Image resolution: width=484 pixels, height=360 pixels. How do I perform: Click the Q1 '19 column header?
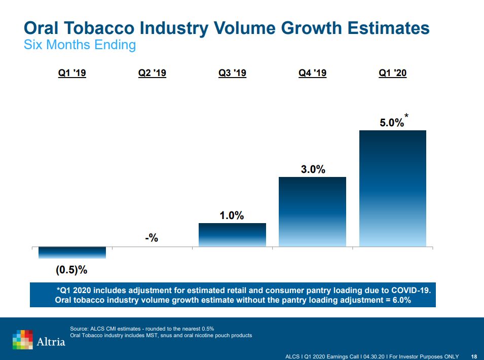click(72, 74)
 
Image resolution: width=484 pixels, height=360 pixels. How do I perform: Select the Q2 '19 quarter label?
click(152, 74)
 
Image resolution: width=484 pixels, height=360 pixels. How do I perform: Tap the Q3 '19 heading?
click(232, 74)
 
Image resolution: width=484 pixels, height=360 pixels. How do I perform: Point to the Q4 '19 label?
click(312, 74)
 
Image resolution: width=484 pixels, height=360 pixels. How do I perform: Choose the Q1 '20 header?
click(393, 74)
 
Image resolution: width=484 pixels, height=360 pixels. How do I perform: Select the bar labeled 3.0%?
click(312, 212)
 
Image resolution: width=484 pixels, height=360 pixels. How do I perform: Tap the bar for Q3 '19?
click(232, 235)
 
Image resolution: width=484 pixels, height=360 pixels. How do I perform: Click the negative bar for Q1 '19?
click(72, 253)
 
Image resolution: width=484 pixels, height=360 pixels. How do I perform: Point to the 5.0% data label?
click(392, 122)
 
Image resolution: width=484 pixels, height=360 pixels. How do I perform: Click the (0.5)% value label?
click(72, 270)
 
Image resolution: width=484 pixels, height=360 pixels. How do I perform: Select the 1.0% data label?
click(232, 215)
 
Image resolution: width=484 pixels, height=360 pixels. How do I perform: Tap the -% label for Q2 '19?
click(152, 237)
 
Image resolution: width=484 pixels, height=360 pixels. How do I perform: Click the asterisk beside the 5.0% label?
click(406, 117)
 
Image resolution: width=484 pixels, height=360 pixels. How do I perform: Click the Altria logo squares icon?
click(23, 339)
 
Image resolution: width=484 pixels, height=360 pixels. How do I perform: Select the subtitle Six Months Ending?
click(80, 45)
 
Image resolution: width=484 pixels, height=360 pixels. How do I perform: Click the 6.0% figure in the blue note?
click(400, 300)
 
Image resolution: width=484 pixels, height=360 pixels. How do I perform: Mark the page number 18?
click(474, 356)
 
